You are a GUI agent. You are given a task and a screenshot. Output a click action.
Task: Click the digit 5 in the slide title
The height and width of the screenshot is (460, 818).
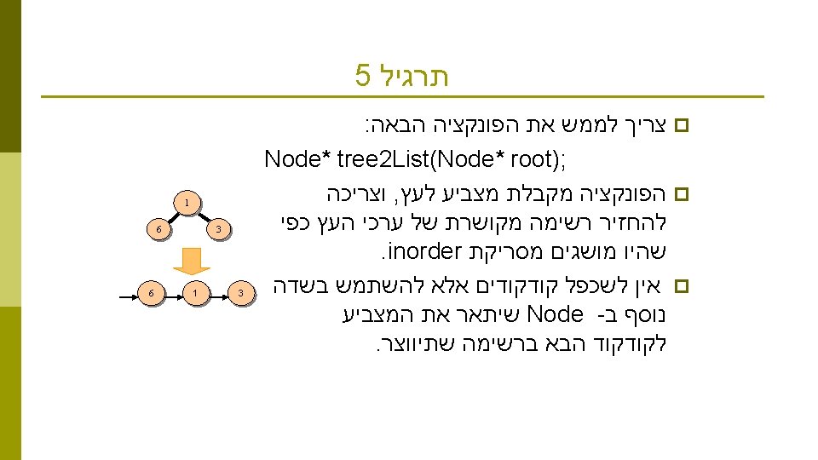click(x=364, y=77)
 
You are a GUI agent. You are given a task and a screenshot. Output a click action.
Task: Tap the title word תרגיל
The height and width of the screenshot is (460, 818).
click(x=413, y=77)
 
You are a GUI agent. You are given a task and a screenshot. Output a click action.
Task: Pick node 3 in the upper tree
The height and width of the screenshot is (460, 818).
click(x=218, y=229)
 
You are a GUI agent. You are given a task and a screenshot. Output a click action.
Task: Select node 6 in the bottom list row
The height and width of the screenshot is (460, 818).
click(x=150, y=293)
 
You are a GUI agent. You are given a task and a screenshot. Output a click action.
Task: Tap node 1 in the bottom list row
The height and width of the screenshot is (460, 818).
click(x=195, y=293)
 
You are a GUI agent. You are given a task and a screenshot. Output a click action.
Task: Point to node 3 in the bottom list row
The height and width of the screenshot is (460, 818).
click(x=241, y=293)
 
